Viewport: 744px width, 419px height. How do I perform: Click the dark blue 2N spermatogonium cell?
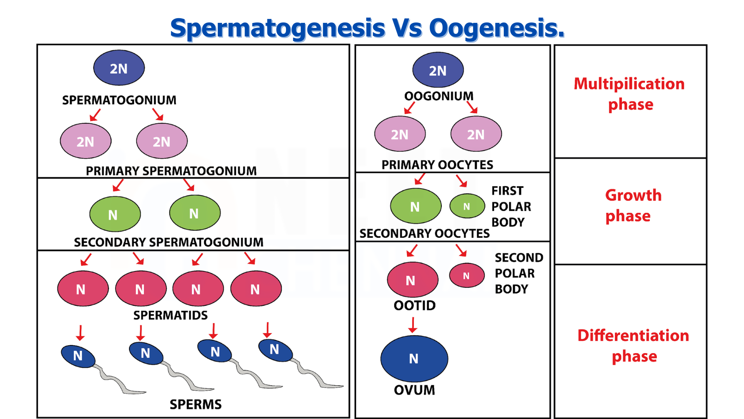pyautogui.click(x=119, y=68)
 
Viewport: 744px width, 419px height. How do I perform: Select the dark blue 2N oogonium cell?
pyautogui.click(x=438, y=70)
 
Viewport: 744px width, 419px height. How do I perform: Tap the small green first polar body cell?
pyautogui.click(x=467, y=206)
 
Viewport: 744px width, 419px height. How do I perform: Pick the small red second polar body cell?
pyautogui.click(x=467, y=275)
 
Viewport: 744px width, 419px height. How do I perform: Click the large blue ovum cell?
pyautogui.click(x=414, y=358)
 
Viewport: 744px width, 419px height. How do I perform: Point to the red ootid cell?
pyautogui.click(x=413, y=280)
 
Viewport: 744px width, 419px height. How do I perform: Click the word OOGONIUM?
pyautogui.click(x=439, y=96)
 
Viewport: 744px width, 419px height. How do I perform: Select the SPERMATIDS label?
pyautogui.click(x=170, y=315)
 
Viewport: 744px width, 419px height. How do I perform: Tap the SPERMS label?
pyautogui.click(x=196, y=404)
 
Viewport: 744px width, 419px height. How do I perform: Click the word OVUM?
pyautogui.click(x=414, y=390)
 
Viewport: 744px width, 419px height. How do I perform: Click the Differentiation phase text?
pyautogui.click(x=634, y=346)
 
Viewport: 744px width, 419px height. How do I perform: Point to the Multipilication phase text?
pyautogui.click(x=630, y=94)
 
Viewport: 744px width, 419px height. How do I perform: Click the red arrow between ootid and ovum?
pyautogui.click(x=413, y=325)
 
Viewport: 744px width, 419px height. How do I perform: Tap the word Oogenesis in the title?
pyautogui.click(x=497, y=28)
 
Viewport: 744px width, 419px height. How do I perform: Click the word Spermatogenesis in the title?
pyautogui.click(x=278, y=28)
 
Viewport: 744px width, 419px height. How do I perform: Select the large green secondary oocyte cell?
pyautogui.click(x=416, y=206)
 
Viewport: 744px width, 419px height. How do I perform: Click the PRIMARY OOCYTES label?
pyautogui.click(x=437, y=165)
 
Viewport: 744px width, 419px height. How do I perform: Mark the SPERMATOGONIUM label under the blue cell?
pyautogui.click(x=119, y=100)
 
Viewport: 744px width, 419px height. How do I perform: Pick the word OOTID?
pyautogui.click(x=415, y=306)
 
